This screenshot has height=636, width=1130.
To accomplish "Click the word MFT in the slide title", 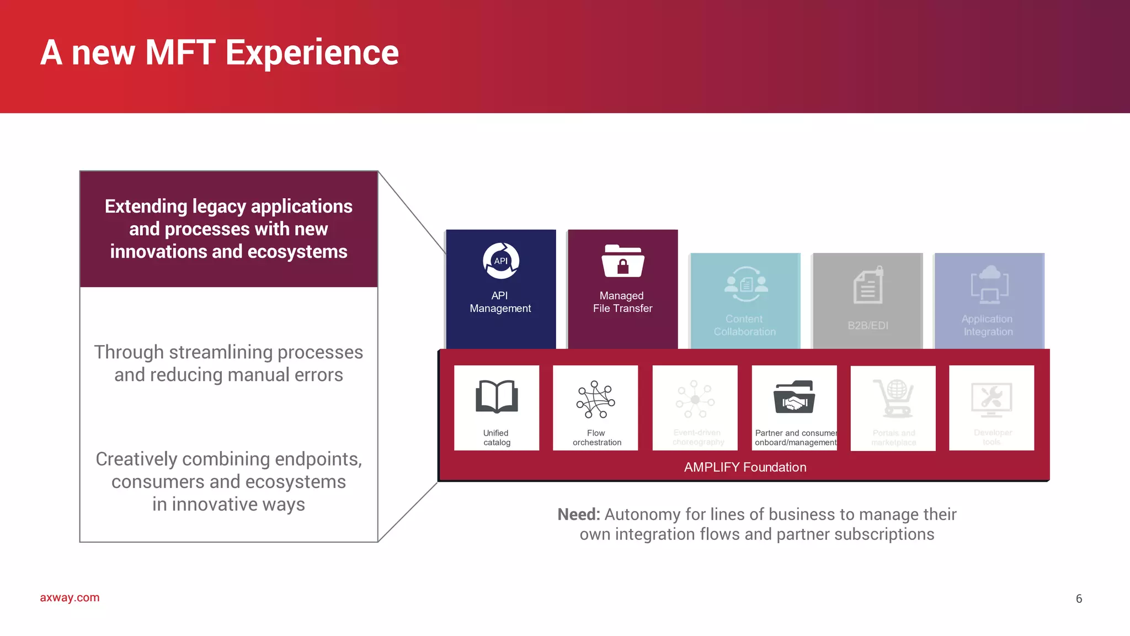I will tap(180, 53).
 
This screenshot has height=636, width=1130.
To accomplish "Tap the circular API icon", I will tap(500, 261).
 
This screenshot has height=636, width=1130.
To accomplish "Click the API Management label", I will tap(500, 302).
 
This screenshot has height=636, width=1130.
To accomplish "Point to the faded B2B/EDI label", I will tap(867, 325).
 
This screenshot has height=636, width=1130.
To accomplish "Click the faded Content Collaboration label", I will tap(744, 325).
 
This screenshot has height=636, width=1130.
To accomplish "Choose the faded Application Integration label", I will tap(988, 325).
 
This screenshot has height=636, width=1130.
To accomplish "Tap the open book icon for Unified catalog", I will tap(497, 396).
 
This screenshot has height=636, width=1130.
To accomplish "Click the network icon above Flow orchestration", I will tap(595, 399).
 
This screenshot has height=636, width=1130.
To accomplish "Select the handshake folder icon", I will tap(794, 397).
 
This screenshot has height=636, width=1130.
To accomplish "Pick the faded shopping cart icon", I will tap(893, 398).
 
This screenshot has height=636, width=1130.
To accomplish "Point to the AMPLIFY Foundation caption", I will tap(745, 467).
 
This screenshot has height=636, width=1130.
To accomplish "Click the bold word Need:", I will tap(578, 515).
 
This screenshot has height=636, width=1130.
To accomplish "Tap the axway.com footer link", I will tap(70, 597).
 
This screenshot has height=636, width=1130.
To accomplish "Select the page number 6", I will tap(1079, 598).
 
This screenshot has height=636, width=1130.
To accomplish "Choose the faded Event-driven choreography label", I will tap(697, 437).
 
